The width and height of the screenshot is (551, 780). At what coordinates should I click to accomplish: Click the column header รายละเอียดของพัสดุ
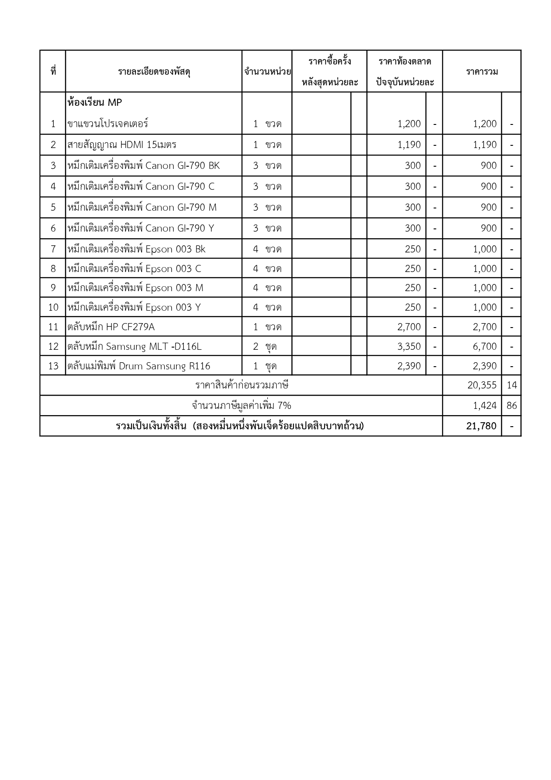[154, 72]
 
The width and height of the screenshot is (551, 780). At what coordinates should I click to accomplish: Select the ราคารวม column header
[482, 72]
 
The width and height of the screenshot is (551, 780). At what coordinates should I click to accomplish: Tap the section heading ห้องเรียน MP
[95, 103]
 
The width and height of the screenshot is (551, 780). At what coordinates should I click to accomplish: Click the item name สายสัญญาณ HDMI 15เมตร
[122, 144]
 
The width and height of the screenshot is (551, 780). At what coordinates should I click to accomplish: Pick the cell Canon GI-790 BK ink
[143, 165]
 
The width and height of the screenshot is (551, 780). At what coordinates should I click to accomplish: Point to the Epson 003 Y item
[134, 307]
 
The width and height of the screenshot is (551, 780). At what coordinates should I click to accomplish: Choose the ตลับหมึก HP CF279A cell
[111, 327]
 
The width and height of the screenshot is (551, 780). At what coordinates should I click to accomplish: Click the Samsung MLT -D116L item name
[135, 346]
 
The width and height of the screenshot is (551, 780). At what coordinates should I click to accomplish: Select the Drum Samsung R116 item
[139, 366]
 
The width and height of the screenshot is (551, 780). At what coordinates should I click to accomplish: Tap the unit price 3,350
[409, 346]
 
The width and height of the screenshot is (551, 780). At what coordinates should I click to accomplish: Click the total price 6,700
[484, 346]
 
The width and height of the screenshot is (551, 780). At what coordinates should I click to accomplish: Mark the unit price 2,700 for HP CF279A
[409, 327]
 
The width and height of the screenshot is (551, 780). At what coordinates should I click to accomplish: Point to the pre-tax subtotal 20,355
[482, 385]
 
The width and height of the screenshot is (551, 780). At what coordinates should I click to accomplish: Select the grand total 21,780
[481, 426]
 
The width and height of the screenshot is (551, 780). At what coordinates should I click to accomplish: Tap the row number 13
[53, 366]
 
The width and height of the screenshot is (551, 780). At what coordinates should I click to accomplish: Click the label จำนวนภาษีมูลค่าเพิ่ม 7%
[242, 405]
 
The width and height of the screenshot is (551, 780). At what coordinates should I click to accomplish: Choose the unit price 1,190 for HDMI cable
[409, 144]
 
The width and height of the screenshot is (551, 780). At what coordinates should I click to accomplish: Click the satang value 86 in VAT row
[511, 405]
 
